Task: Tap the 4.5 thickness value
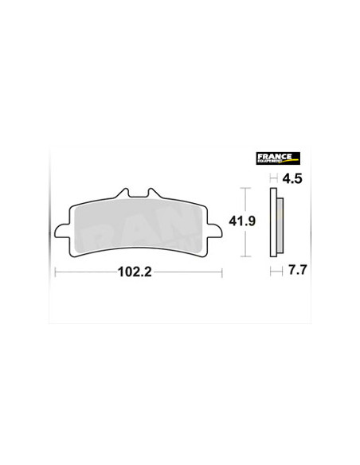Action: (x=292, y=179)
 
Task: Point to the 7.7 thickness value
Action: (x=294, y=271)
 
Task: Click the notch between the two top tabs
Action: (x=138, y=197)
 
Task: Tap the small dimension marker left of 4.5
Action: (x=273, y=179)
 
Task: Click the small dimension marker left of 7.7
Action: (x=274, y=271)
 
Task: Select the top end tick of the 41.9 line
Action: (x=245, y=188)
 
